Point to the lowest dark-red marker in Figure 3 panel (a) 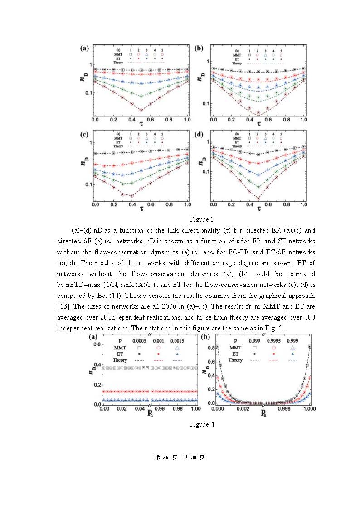click(141, 110)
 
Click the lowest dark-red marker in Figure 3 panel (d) click(258, 198)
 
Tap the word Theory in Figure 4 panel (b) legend click(235, 360)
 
